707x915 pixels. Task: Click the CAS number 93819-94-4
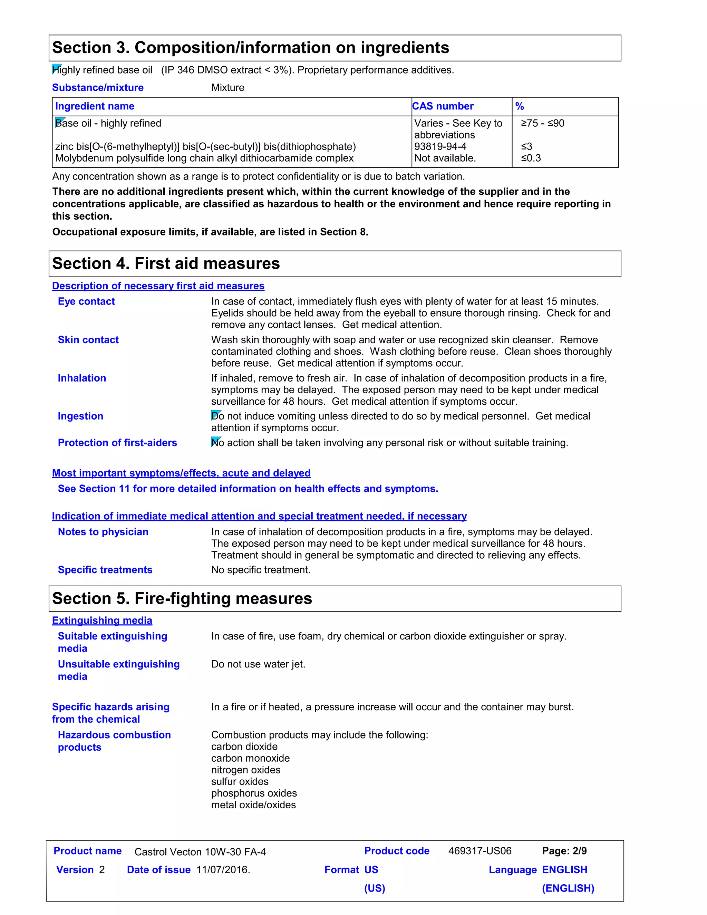pyautogui.click(x=440, y=147)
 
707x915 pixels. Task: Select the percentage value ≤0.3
pyautogui.click(x=531, y=158)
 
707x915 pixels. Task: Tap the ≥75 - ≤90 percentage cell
pyautogui.click(x=542, y=123)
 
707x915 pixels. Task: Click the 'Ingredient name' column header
pyautogui.click(x=95, y=106)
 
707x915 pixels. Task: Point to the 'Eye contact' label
pyautogui.click(x=86, y=302)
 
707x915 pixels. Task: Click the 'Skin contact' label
pyautogui.click(x=88, y=340)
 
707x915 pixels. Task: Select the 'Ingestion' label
pyautogui.click(x=80, y=416)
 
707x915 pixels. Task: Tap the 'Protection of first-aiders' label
pyautogui.click(x=117, y=443)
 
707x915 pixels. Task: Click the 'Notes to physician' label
pyautogui.click(x=103, y=532)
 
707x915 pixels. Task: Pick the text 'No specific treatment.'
pyautogui.click(x=261, y=570)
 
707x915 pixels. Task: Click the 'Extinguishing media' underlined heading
pyautogui.click(x=102, y=621)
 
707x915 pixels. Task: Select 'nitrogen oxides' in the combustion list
pyautogui.click(x=246, y=770)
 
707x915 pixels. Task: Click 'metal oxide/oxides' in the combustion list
pyautogui.click(x=253, y=805)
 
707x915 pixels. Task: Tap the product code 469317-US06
pyautogui.click(x=480, y=851)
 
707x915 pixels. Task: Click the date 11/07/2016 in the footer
pyautogui.click(x=223, y=870)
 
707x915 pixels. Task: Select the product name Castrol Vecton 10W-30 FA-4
pyautogui.click(x=200, y=852)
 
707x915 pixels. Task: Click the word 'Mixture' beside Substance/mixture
pyautogui.click(x=227, y=88)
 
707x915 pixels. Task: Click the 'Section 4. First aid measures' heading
pyautogui.click(x=166, y=264)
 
